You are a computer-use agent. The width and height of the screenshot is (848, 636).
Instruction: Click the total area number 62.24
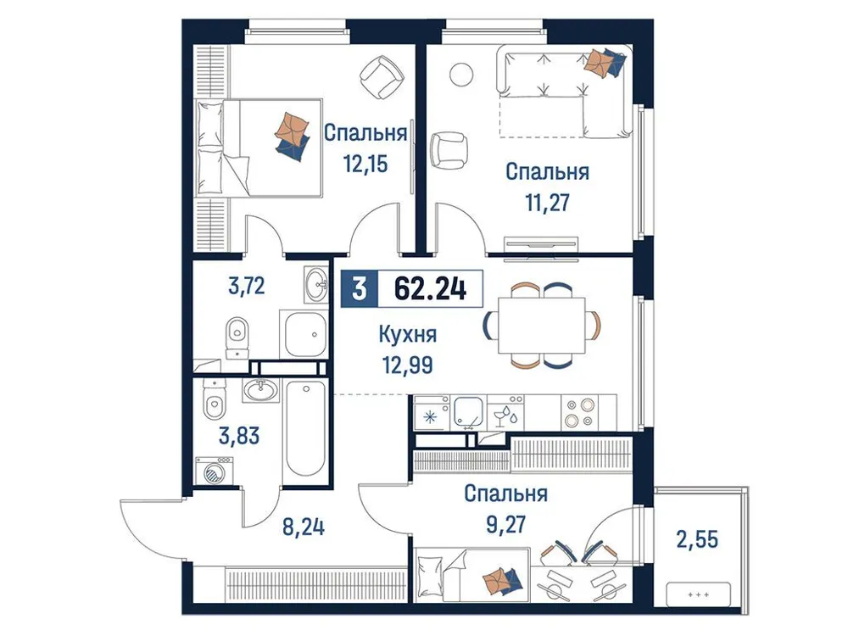click(430, 290)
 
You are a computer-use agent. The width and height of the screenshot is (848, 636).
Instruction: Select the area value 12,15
click(365, 163)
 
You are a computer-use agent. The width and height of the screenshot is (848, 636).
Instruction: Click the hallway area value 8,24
click(303, 529)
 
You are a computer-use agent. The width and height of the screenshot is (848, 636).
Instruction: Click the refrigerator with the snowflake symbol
click(430, 416)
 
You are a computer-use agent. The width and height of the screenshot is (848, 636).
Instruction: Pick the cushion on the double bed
click(293, 134)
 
